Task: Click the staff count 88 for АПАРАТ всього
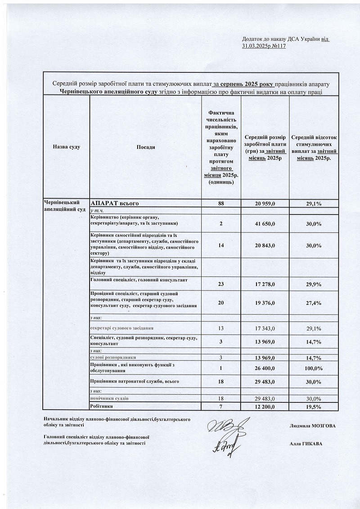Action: (x=221, y=204)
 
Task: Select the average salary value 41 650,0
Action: (x=265, y=223)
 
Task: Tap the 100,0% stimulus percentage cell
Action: (x=313, y=368)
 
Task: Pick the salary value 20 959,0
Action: (x=265, y=204)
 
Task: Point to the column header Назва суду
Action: (x=66, y=147)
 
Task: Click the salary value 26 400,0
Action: (x=265, y=368)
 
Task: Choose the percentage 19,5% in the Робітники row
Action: (x=313, y=406)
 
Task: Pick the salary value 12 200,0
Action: (x=265, y=406)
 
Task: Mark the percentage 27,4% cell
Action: (x=313, y=303)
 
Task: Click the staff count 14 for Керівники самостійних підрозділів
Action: (x=221, y=246)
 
